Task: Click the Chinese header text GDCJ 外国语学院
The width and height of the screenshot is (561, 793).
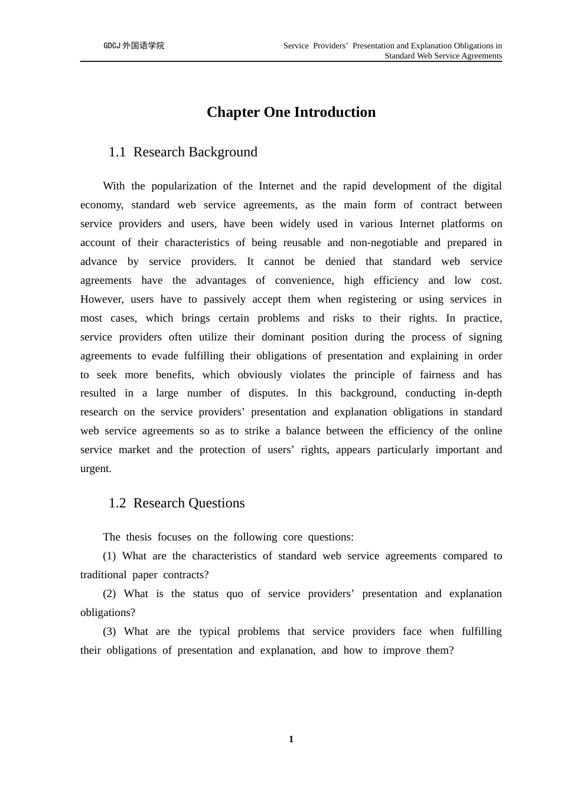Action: (x=134, y=45)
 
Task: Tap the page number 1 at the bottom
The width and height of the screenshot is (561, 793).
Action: (x=291, y=739)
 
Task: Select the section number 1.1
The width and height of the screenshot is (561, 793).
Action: (x=117, y=152)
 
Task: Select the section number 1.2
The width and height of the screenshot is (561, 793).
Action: (x=117, y=503)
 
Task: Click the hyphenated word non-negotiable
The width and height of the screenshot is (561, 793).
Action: (x=383, y=243)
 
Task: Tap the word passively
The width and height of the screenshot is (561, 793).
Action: (x=226, y=299)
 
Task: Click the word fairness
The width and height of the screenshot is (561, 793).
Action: (x=437, y=375)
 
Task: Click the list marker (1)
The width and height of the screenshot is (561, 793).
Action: (x=109, y=556)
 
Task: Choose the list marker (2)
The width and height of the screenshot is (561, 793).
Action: (x=109, y=594)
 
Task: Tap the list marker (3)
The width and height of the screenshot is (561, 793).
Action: (x=109, y=631)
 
